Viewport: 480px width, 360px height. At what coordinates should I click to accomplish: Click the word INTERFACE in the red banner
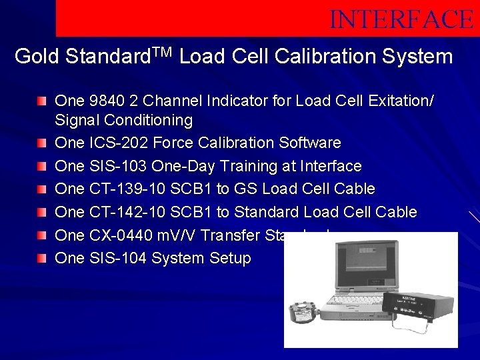[401, 19]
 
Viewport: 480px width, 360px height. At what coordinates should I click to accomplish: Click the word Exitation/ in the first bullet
[402, 101]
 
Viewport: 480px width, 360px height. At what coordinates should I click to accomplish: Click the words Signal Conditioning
[123, 121]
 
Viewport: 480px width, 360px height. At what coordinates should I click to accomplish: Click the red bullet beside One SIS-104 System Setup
[43, 258]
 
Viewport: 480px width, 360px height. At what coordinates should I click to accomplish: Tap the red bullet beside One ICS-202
[43, 143]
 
